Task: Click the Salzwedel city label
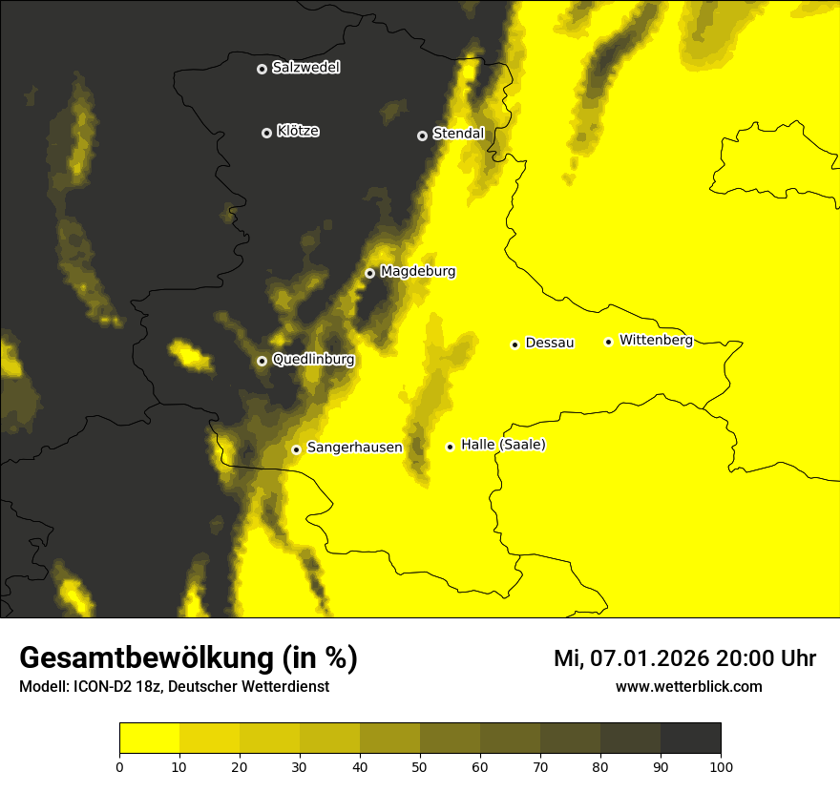[305, 68]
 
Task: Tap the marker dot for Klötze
[266, 133]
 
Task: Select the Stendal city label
[458, 134]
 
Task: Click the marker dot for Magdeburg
[369, 273]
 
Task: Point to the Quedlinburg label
[313, 360]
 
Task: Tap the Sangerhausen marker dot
[296, 449]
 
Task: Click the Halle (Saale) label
[503, 445]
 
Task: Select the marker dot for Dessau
[514, 344]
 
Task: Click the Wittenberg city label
[656, 340]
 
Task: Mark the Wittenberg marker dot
[608, 342]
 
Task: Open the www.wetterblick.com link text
[688, 686]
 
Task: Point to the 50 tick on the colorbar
[420, 766]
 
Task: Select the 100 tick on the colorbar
[721, 766]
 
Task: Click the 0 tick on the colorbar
[119, 766]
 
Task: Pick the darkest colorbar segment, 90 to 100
[690, 738]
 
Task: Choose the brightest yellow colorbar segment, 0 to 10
[149, 738]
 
